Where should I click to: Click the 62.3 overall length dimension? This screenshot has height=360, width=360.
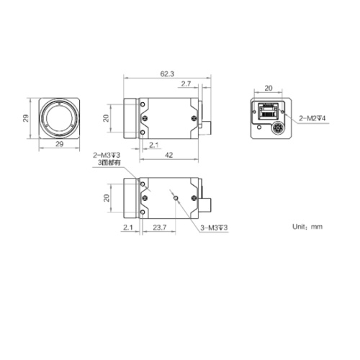[x=167, y=74]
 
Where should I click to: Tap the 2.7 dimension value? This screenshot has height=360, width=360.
[x=186, y=84]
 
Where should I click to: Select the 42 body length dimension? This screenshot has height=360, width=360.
[x=168, y=155]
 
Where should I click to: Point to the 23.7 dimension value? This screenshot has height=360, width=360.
[x=160, y=228]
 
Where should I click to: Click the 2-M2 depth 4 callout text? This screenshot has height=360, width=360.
[x=312, y=118]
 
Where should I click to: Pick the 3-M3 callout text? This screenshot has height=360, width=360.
[x=214, y=228]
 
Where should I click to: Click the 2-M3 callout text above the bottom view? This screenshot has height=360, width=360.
[x=107, y=156]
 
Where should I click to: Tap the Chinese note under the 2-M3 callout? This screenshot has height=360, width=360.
[x=109, y=163]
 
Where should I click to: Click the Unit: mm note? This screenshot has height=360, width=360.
[x=307, y=227]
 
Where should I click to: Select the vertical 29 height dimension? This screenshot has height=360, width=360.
[x=26, y=118]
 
